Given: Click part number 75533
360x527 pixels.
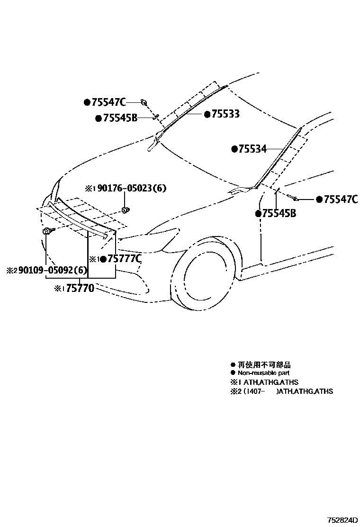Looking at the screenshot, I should (225, 114).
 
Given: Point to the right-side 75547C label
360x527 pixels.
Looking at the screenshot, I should (340, 200).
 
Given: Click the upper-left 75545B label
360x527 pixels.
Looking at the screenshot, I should (119, 118).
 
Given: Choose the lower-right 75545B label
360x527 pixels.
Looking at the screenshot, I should (279, 214).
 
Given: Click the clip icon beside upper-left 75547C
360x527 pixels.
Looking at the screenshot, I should (144, 102).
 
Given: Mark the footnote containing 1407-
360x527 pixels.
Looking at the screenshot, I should (281, 391).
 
